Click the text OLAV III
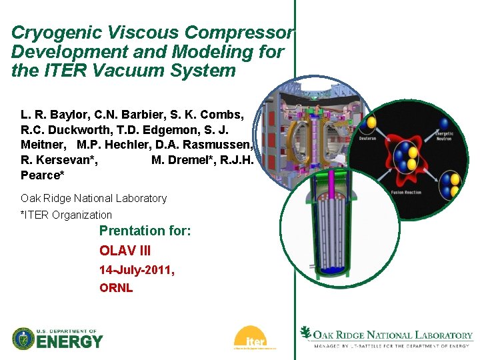(x=125, y=251)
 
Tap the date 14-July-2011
(x=136, y=271)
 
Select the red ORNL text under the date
(x=116, y=288)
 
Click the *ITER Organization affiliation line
(x=66, y=215)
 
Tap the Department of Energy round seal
(x=23, y=339)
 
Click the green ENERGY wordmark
(x=70, y=342)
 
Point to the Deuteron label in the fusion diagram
(x=367, y=139)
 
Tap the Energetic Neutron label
(x=445, y=136)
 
